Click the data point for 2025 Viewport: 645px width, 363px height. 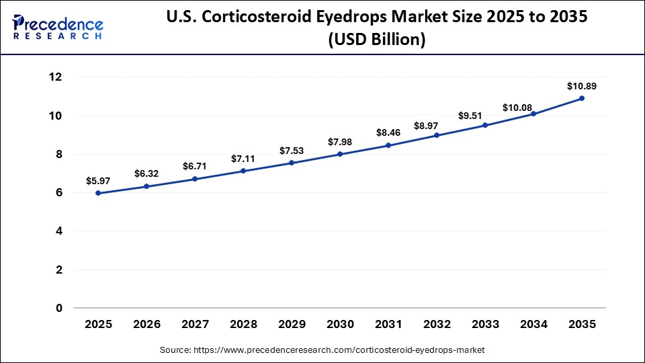tap(98, 193)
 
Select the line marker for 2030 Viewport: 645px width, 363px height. tap(340, 154)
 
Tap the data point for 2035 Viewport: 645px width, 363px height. tap(582, 98)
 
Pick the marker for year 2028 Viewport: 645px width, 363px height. tap(243, 171)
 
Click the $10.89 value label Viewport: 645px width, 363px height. tap(582, 86)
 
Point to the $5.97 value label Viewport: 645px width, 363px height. tap(98, 181)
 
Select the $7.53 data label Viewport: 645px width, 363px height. tap(292, 151)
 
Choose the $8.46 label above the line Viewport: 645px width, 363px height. tap(388, 133)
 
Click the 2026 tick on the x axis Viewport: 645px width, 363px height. tap(146, 324)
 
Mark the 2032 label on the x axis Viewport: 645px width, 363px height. tap(437, 324)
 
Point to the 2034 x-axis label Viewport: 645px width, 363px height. tap(533, 324)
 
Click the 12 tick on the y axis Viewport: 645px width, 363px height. tap(55, 77)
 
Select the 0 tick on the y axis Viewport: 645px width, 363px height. tap(59, 309)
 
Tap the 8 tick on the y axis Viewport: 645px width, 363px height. tap(59, 155)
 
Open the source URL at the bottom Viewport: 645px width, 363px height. tap(322, 350)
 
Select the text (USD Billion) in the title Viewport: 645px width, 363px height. tap(376, 40)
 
